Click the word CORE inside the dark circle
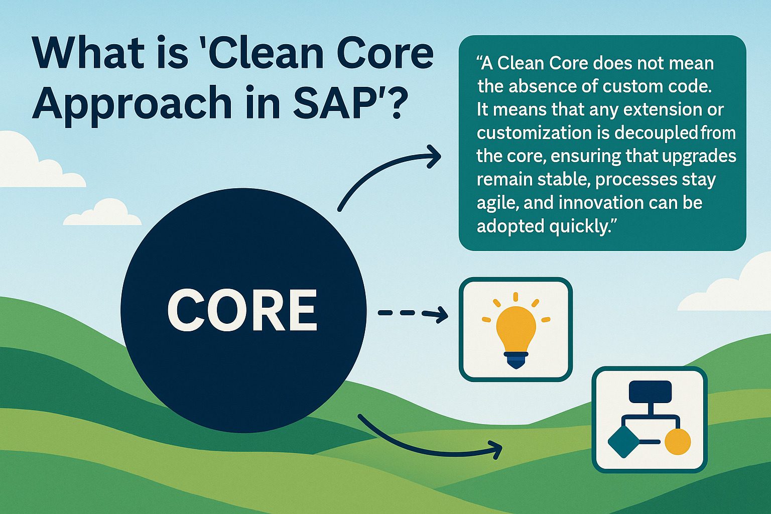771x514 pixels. pyautogui.click(x=242, y=310)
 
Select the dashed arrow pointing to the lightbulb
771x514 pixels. pyautogui.click(x=412, y=314)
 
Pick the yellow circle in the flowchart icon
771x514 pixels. pyautogui.click(x=677, y=442)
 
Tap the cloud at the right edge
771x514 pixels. pyautogui.click(x=753, y=276)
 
